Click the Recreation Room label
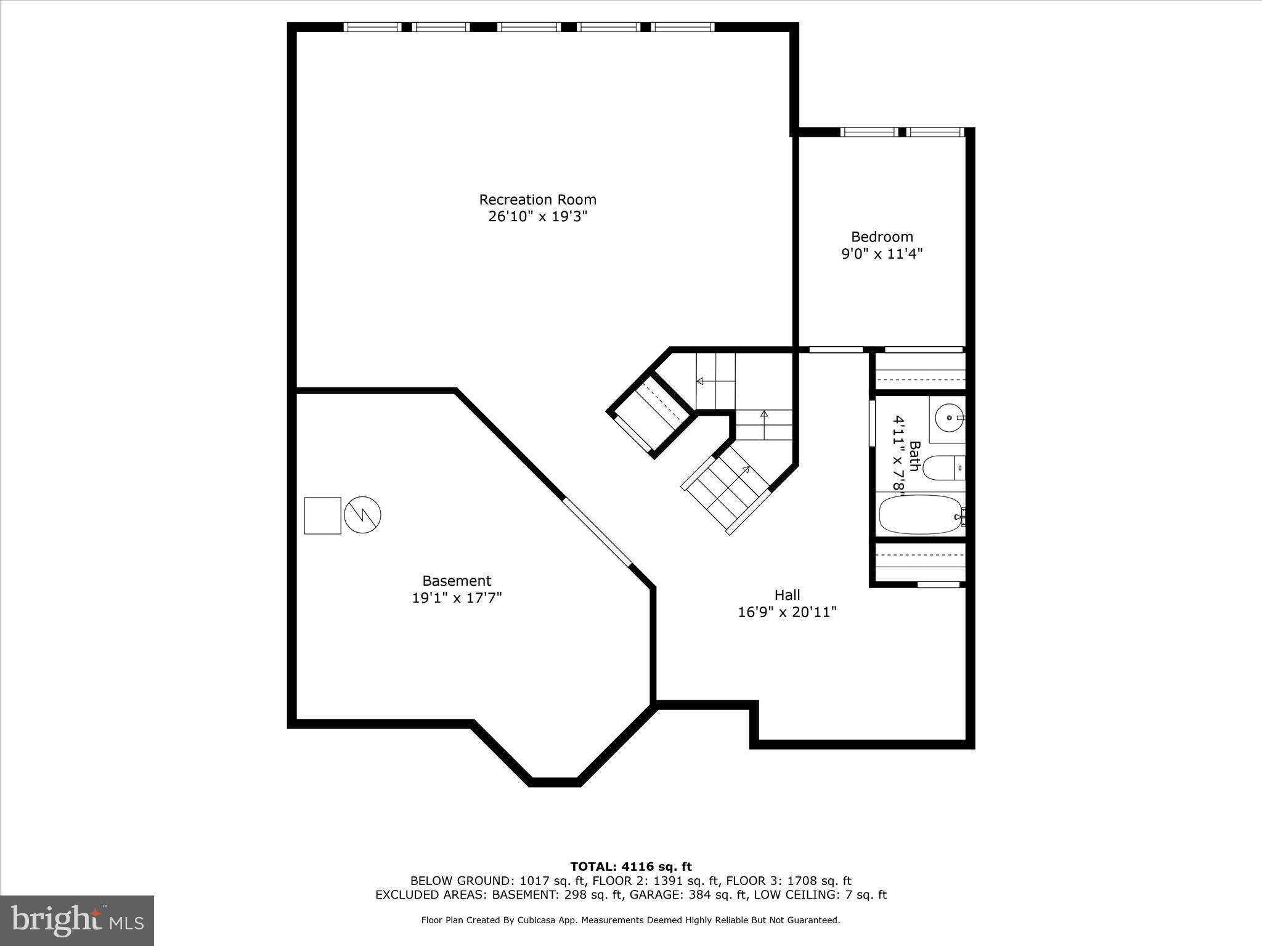click(537, 200)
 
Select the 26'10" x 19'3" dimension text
click(537, 217)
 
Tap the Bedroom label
click(882, 236)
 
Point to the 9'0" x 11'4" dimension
click(882, 254)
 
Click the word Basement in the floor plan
click(457, 581)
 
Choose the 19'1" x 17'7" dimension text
click(457, 598)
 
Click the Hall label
click(787, 595)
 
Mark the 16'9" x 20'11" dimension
click(787, 612)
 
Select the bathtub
click(919, 515)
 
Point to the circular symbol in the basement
click(362, 515)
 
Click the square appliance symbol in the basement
click(322, 515)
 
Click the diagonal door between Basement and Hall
click(596, 531)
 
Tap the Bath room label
click(914, 456)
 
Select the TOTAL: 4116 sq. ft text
click(630, 867)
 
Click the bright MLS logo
click(76, 920)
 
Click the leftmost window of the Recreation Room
click(372, 27)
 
